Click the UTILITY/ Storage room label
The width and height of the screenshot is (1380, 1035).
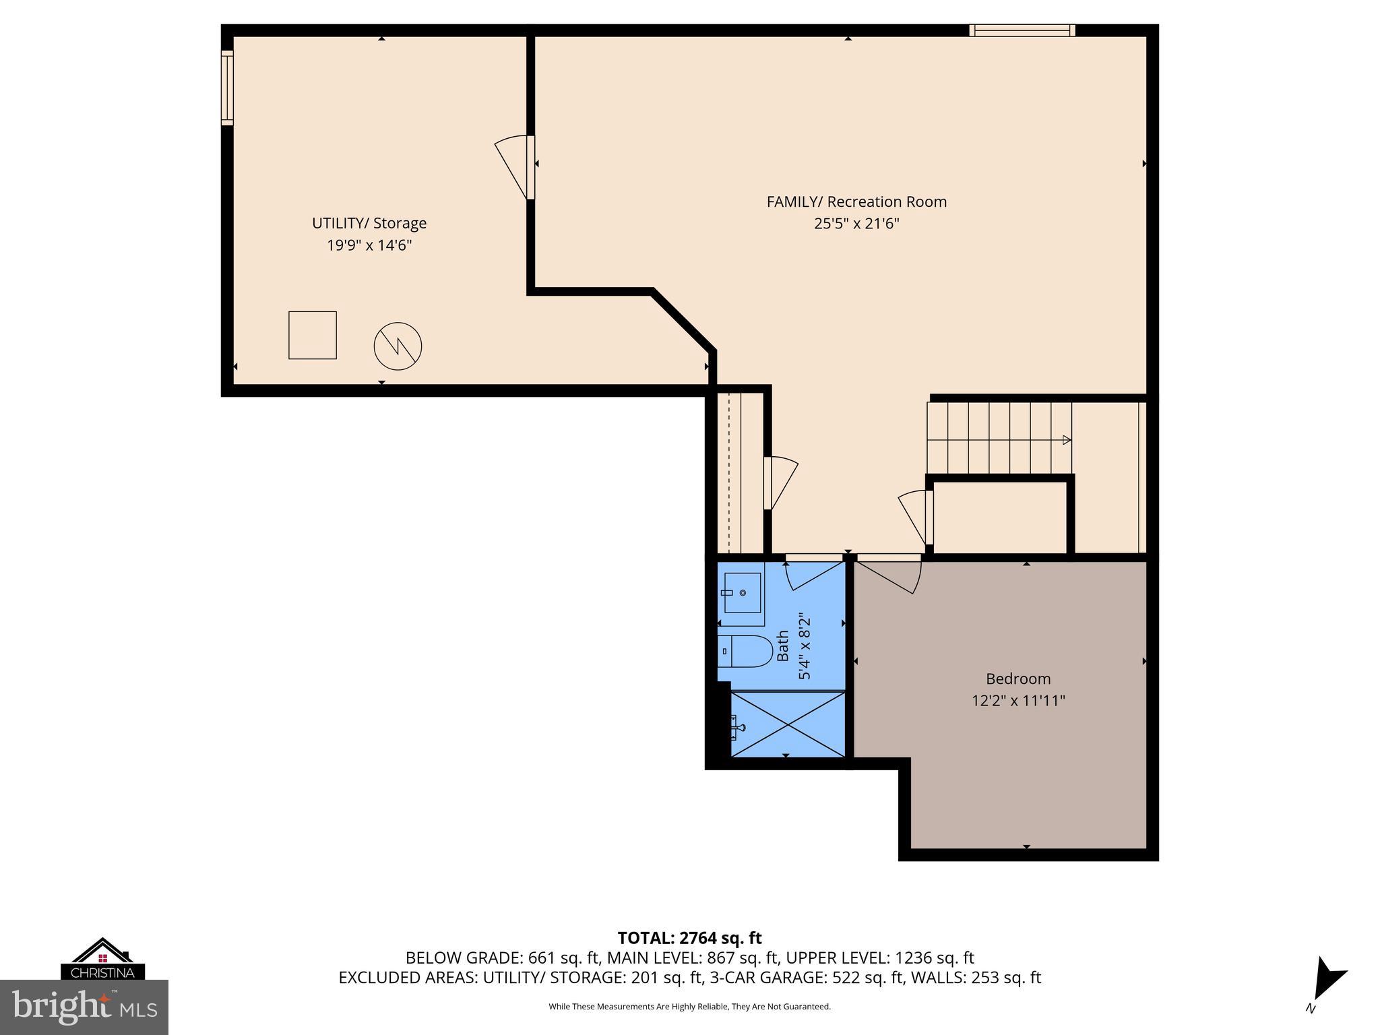(369, 223)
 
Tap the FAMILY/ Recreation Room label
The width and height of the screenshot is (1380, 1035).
(856, 201)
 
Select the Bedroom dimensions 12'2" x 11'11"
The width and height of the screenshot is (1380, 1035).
(1017, 701)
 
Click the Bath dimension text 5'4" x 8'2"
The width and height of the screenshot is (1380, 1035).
(805, 646)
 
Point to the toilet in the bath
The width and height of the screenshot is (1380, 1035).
(744, 651)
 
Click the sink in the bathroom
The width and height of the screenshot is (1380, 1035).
(742, 593)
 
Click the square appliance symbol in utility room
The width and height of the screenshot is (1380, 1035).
(313, 335)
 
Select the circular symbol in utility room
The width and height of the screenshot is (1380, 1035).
(398, 346)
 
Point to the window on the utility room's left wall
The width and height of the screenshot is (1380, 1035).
(228, 88)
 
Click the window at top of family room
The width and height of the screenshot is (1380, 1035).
(1022, 30)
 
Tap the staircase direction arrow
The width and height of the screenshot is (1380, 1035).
(1066, 440)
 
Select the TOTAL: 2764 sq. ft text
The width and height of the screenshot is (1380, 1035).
(689, 938)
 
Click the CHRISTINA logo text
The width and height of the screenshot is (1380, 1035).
(102, 973)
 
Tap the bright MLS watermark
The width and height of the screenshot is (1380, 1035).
(84, 1007)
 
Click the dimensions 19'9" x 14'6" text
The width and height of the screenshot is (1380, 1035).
(369, 245)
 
